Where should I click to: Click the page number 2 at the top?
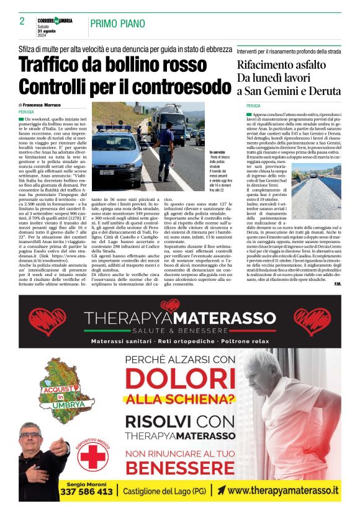point(22,21)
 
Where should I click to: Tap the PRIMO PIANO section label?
point(117,24)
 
